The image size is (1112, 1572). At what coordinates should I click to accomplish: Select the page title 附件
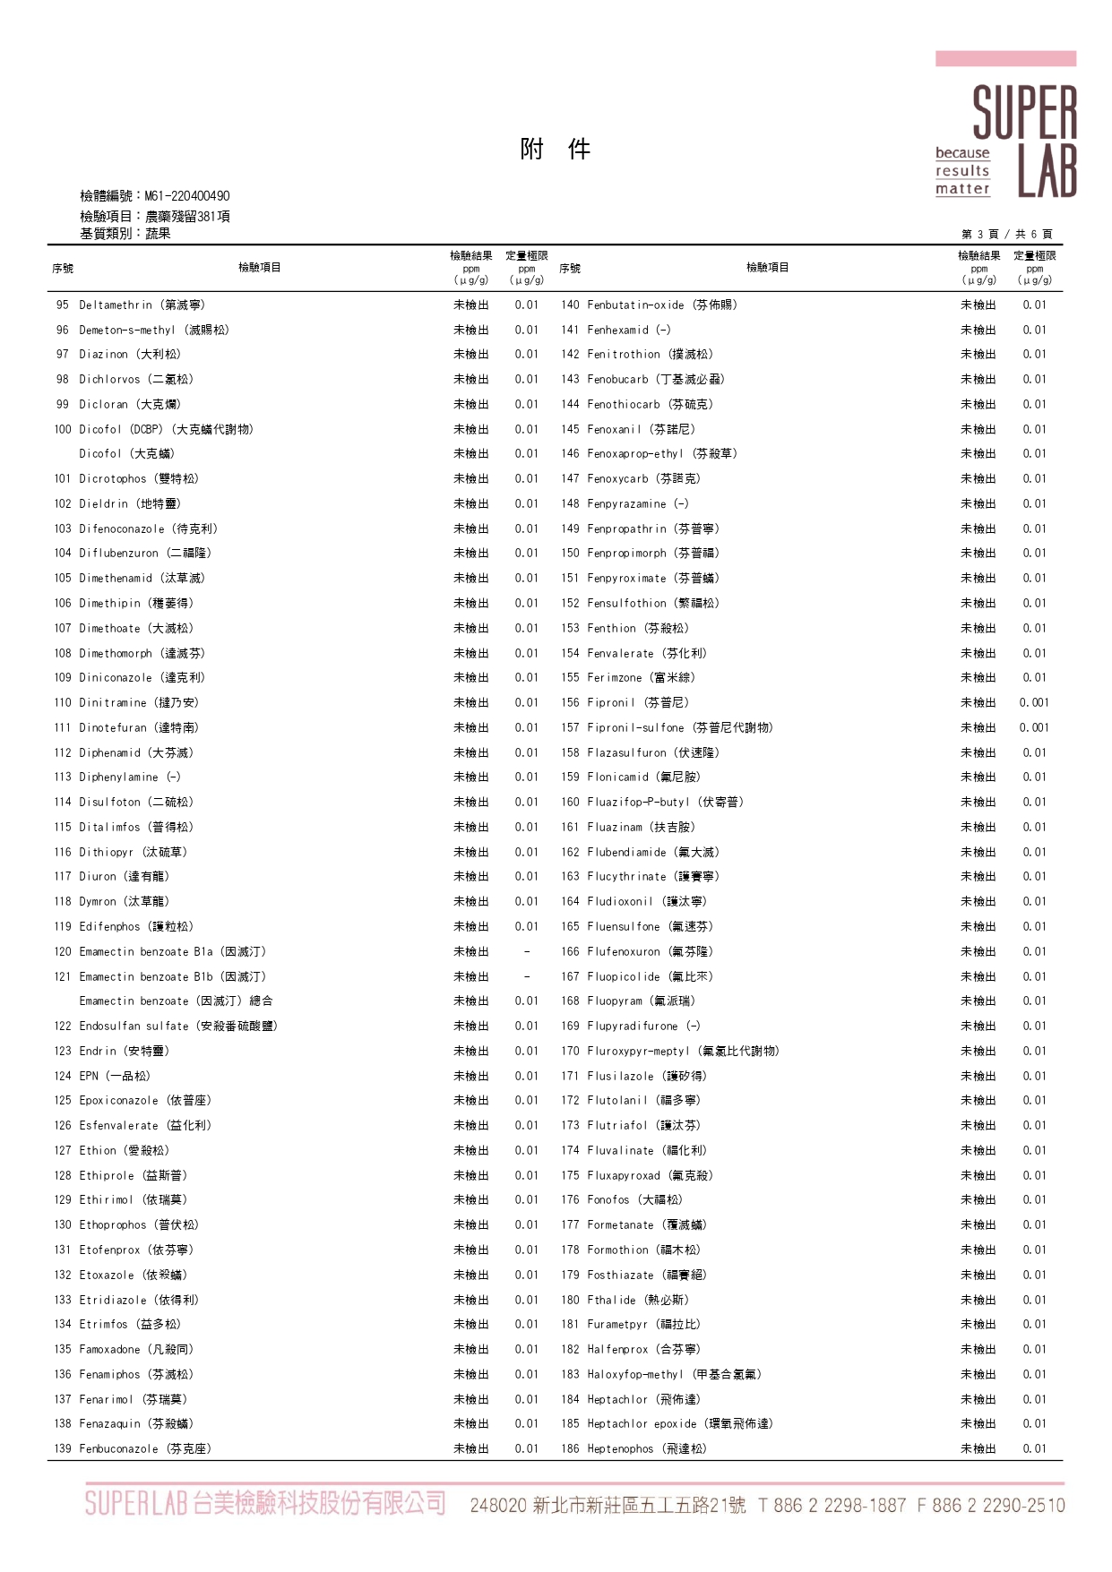tap(555, 149)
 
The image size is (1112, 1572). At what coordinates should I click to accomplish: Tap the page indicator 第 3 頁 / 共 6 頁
tap(1006, 234)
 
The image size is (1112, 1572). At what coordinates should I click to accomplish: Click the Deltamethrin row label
tap(142, 305)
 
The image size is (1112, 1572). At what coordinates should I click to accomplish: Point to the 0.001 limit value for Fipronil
tap(1034, 702)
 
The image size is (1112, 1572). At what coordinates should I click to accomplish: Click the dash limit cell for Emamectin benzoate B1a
tap(527, 951)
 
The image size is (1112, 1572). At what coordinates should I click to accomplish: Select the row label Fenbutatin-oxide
tap(662, 305)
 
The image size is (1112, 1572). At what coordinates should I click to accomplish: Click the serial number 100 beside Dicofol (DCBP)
tap(62, 429)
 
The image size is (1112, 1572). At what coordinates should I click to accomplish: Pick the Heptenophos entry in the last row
tap(646, 1448)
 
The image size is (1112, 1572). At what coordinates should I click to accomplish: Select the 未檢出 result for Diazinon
tap(471, 354)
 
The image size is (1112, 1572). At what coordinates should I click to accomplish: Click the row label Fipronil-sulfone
tap(680, 727)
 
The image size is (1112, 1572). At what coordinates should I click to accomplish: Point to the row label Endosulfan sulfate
tap(178, 1026)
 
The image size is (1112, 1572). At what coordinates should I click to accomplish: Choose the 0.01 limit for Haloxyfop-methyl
tap(1034, 1374)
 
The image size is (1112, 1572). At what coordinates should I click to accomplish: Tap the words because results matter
tap(962, 171)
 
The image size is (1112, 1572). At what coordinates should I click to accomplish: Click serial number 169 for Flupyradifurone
tap(570, 1026)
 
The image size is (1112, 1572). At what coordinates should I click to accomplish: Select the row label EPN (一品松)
tap(115, 1076)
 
